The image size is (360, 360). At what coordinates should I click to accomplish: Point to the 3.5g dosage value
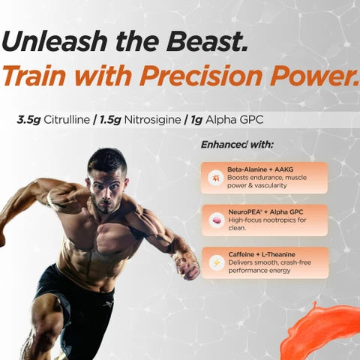pyautogui.click(x=28, y=119)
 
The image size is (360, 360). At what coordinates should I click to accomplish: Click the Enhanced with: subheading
pyautogui.click(x=237, y=143)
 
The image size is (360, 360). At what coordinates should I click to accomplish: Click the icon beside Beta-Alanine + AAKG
pyautogui.click(x=215, y=178)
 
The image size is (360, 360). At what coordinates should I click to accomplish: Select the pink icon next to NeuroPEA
pyautogui.click(x=215, y=220)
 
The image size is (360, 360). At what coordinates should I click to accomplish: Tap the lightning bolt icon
pyautogui.click(x=215, y=262)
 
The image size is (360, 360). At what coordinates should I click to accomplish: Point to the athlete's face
pyautogui.click(x=106, y=180)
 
